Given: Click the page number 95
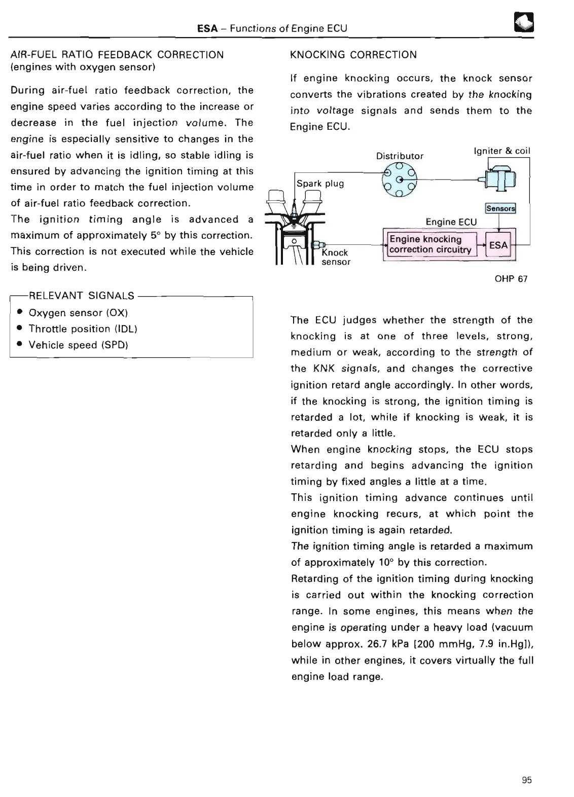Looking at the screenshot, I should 527,780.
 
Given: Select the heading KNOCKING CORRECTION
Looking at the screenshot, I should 353,55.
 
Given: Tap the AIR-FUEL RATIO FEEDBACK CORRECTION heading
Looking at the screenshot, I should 117,55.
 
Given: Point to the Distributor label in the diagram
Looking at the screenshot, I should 400,156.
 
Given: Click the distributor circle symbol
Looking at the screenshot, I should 400,180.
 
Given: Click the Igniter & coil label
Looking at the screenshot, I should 501,151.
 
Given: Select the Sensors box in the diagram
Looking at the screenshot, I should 500,208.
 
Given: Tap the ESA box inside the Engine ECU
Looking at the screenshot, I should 498,245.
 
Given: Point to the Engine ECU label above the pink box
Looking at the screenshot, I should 451,222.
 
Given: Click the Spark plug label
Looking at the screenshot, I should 320,184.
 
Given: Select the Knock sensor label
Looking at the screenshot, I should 336,257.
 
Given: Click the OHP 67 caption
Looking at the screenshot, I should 511,279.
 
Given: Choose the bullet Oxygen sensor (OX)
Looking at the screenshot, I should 78,313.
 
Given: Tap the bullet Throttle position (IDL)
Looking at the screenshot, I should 83,329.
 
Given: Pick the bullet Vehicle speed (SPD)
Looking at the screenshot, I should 78,345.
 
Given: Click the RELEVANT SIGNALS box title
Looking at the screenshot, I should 82,296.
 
